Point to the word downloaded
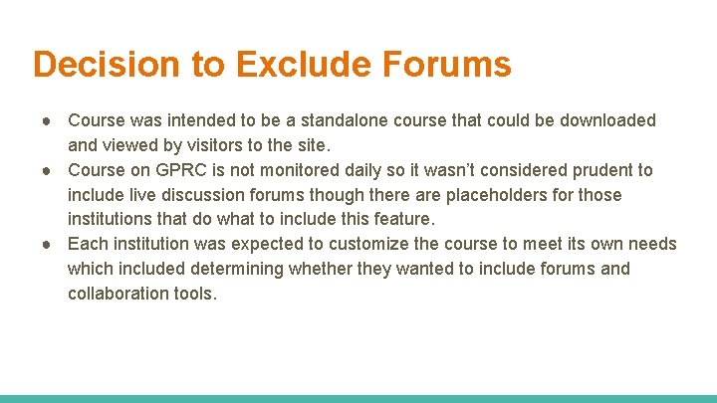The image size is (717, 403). click(607, 120)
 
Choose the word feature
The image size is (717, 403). click(402, 219)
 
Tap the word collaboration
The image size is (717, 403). click(116, 294)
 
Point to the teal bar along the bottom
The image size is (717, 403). click(358, 398)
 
